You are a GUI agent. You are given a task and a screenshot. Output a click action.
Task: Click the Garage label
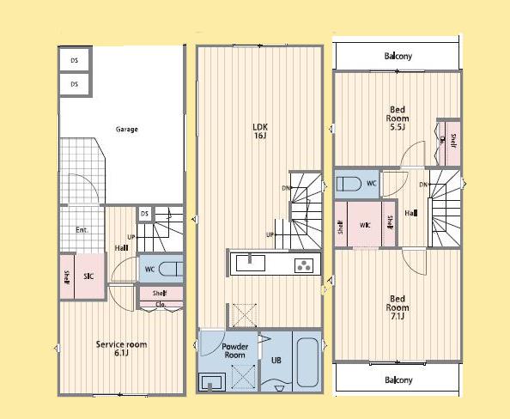point(127,130)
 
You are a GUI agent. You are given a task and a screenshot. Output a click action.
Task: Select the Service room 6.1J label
point(121,349)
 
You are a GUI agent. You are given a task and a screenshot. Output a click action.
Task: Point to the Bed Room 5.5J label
point(398,118)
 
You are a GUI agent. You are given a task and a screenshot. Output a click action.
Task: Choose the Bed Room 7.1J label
point(397,307)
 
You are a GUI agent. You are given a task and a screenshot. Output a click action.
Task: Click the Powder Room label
point(235,350)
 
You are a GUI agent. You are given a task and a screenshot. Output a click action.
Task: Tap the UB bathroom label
point(276,361)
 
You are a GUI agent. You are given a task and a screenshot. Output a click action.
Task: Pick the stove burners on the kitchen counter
point(304,264)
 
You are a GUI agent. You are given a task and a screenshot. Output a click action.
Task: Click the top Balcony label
point(398,57)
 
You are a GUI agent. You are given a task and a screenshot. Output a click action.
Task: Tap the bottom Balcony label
point(398,380)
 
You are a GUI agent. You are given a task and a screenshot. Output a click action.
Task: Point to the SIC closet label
point(88,276)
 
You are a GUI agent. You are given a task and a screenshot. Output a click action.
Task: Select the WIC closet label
point(365,226)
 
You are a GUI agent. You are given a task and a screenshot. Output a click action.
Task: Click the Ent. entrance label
point(82,230)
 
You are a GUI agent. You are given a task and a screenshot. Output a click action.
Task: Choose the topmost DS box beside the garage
point(75,60)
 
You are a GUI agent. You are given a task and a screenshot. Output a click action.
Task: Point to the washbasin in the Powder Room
point(213,380)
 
